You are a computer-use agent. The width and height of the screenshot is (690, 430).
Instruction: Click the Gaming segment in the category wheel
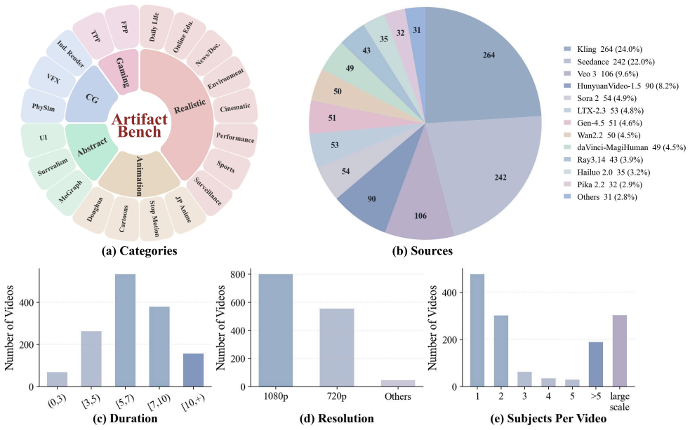(120, 72)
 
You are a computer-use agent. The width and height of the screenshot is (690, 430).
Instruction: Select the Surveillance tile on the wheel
(208, 192)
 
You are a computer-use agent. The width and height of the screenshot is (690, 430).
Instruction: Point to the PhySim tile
(43, 107)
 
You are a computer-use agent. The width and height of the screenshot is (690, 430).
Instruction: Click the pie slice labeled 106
(420, 211)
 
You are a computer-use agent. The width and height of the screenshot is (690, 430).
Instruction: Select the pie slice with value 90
(378, 194)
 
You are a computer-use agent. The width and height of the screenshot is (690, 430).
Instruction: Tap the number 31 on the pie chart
(417, 30)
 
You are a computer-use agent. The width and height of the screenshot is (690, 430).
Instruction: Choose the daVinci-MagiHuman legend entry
(625, 147)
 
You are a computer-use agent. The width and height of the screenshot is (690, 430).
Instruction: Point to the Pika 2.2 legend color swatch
(569, 184)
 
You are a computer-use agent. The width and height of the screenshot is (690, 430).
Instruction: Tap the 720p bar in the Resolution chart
(337, 347)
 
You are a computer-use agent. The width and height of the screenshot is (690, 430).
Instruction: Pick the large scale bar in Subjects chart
(620, 351)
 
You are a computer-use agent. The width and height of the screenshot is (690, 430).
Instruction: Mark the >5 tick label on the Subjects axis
(596, 396)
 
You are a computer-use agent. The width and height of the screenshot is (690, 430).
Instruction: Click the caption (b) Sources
(423, 250)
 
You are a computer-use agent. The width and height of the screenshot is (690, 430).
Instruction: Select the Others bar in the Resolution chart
(398, 384)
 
